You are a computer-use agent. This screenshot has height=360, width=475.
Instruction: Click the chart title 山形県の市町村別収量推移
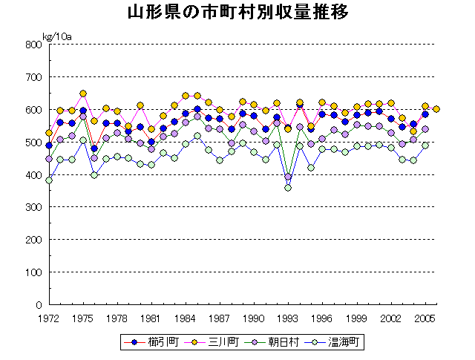tap(237, 14)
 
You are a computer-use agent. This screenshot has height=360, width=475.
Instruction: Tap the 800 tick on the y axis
tap(32, 45)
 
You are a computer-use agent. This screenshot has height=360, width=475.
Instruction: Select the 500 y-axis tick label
tap(32, 143)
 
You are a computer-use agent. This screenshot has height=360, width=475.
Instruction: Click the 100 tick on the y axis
tap(32, 272)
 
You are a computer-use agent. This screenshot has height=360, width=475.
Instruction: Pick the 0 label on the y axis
tap(37, 305)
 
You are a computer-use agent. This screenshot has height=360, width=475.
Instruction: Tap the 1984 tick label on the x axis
tap(186, 318)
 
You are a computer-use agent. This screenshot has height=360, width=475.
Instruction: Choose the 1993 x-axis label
tap(288, 318)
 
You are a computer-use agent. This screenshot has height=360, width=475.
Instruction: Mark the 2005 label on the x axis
tap(425, 318)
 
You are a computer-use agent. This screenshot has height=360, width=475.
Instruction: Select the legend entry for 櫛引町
tap(148, 342)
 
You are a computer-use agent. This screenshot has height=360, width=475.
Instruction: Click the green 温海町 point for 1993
tap(288, 188)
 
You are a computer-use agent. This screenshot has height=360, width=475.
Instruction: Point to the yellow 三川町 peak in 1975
tap(83, 94)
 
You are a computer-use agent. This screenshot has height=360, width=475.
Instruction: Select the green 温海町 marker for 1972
tap(49, 180)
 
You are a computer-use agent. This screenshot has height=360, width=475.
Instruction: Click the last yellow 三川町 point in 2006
tap(436, 109)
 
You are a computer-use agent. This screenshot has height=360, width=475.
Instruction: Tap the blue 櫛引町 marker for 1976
tap(94, 148)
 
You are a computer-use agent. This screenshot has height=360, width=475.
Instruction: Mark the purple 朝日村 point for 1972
tap(49, 159)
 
